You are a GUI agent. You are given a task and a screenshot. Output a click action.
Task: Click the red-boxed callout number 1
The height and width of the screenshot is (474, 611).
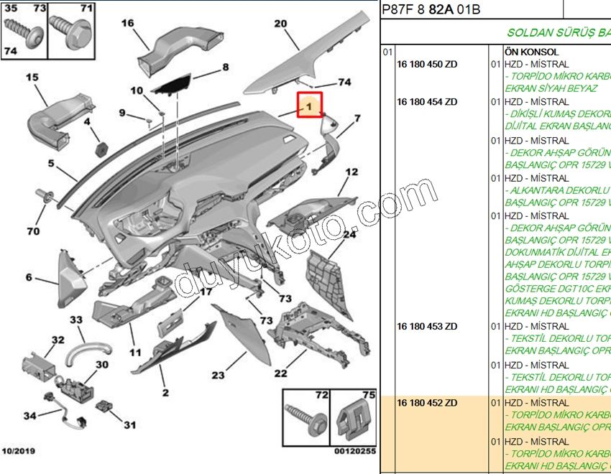[x=308, y=107]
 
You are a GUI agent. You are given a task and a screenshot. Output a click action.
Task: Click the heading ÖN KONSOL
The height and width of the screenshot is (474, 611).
[x=531, y=52]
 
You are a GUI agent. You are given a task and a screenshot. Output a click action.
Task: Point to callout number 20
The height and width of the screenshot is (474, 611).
[x=280, y=24]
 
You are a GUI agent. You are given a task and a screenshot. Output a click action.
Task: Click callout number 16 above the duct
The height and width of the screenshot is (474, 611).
[x=127, y=23]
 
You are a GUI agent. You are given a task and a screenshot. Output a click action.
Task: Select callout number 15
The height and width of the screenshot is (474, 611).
[x=32, y=77]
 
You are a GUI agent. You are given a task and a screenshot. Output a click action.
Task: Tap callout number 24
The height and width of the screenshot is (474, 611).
[x=349, y=234]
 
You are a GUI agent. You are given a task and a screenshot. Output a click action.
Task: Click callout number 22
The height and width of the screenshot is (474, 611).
[x=280, y=373]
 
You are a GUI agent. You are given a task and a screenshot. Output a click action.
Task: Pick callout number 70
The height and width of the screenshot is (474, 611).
[x=33, y=231]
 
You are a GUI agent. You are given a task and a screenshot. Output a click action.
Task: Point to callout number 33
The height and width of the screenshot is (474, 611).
[x=76, y=320]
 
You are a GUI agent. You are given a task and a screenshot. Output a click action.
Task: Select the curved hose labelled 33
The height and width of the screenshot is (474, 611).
[x=90, y=351]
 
